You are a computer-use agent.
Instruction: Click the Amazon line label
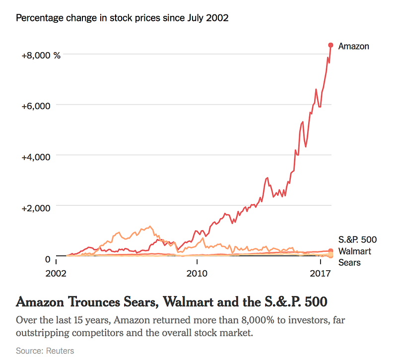[x=353, y=46]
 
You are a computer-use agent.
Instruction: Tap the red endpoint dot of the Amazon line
[x=331, y=45]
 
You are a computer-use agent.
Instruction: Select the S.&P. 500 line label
[x=354, y=240]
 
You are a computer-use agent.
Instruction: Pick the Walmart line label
[x=354, y=251]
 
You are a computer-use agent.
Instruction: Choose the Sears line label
[x=349, y=262]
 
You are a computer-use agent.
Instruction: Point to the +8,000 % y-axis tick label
[x=41, y=56]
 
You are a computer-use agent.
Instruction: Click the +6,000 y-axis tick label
[x=36, y=106]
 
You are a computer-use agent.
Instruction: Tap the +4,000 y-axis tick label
[x=36, y=157]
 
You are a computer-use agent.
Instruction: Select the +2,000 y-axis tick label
[x=36, y=208]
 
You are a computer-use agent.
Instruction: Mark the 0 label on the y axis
[x=48, y=259]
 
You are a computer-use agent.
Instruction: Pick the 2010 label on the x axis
[x=197, y=273]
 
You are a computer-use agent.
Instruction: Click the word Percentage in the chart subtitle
[x=40, y=18]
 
